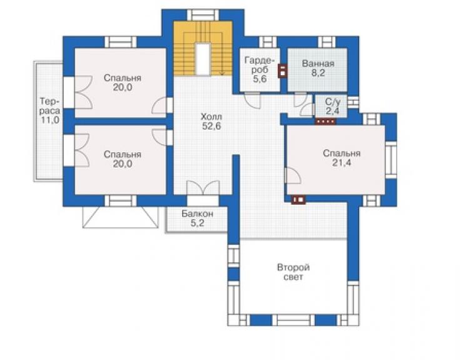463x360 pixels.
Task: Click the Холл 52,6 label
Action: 211,121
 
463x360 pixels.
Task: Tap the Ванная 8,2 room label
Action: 318,68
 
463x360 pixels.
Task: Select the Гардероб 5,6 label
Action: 260,69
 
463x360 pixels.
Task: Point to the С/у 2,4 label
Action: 332,106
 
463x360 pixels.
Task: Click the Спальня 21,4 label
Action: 342,158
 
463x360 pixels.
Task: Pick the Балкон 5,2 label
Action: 197,218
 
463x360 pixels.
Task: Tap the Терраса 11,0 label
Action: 50,111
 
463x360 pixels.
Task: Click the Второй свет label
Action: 293,272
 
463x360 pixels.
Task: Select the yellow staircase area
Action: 203,48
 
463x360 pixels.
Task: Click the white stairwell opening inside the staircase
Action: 203,59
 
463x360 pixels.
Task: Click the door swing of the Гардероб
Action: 253,100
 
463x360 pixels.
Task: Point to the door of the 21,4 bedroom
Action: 293,175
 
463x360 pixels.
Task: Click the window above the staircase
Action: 203,15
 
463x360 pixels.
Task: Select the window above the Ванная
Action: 327,42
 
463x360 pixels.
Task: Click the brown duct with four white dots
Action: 326,121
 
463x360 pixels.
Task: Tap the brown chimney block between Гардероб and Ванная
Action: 283,71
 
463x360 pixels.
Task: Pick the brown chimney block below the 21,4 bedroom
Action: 298,200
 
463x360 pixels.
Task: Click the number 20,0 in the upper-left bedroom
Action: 123,88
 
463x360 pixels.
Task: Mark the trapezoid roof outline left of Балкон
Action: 120,217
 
